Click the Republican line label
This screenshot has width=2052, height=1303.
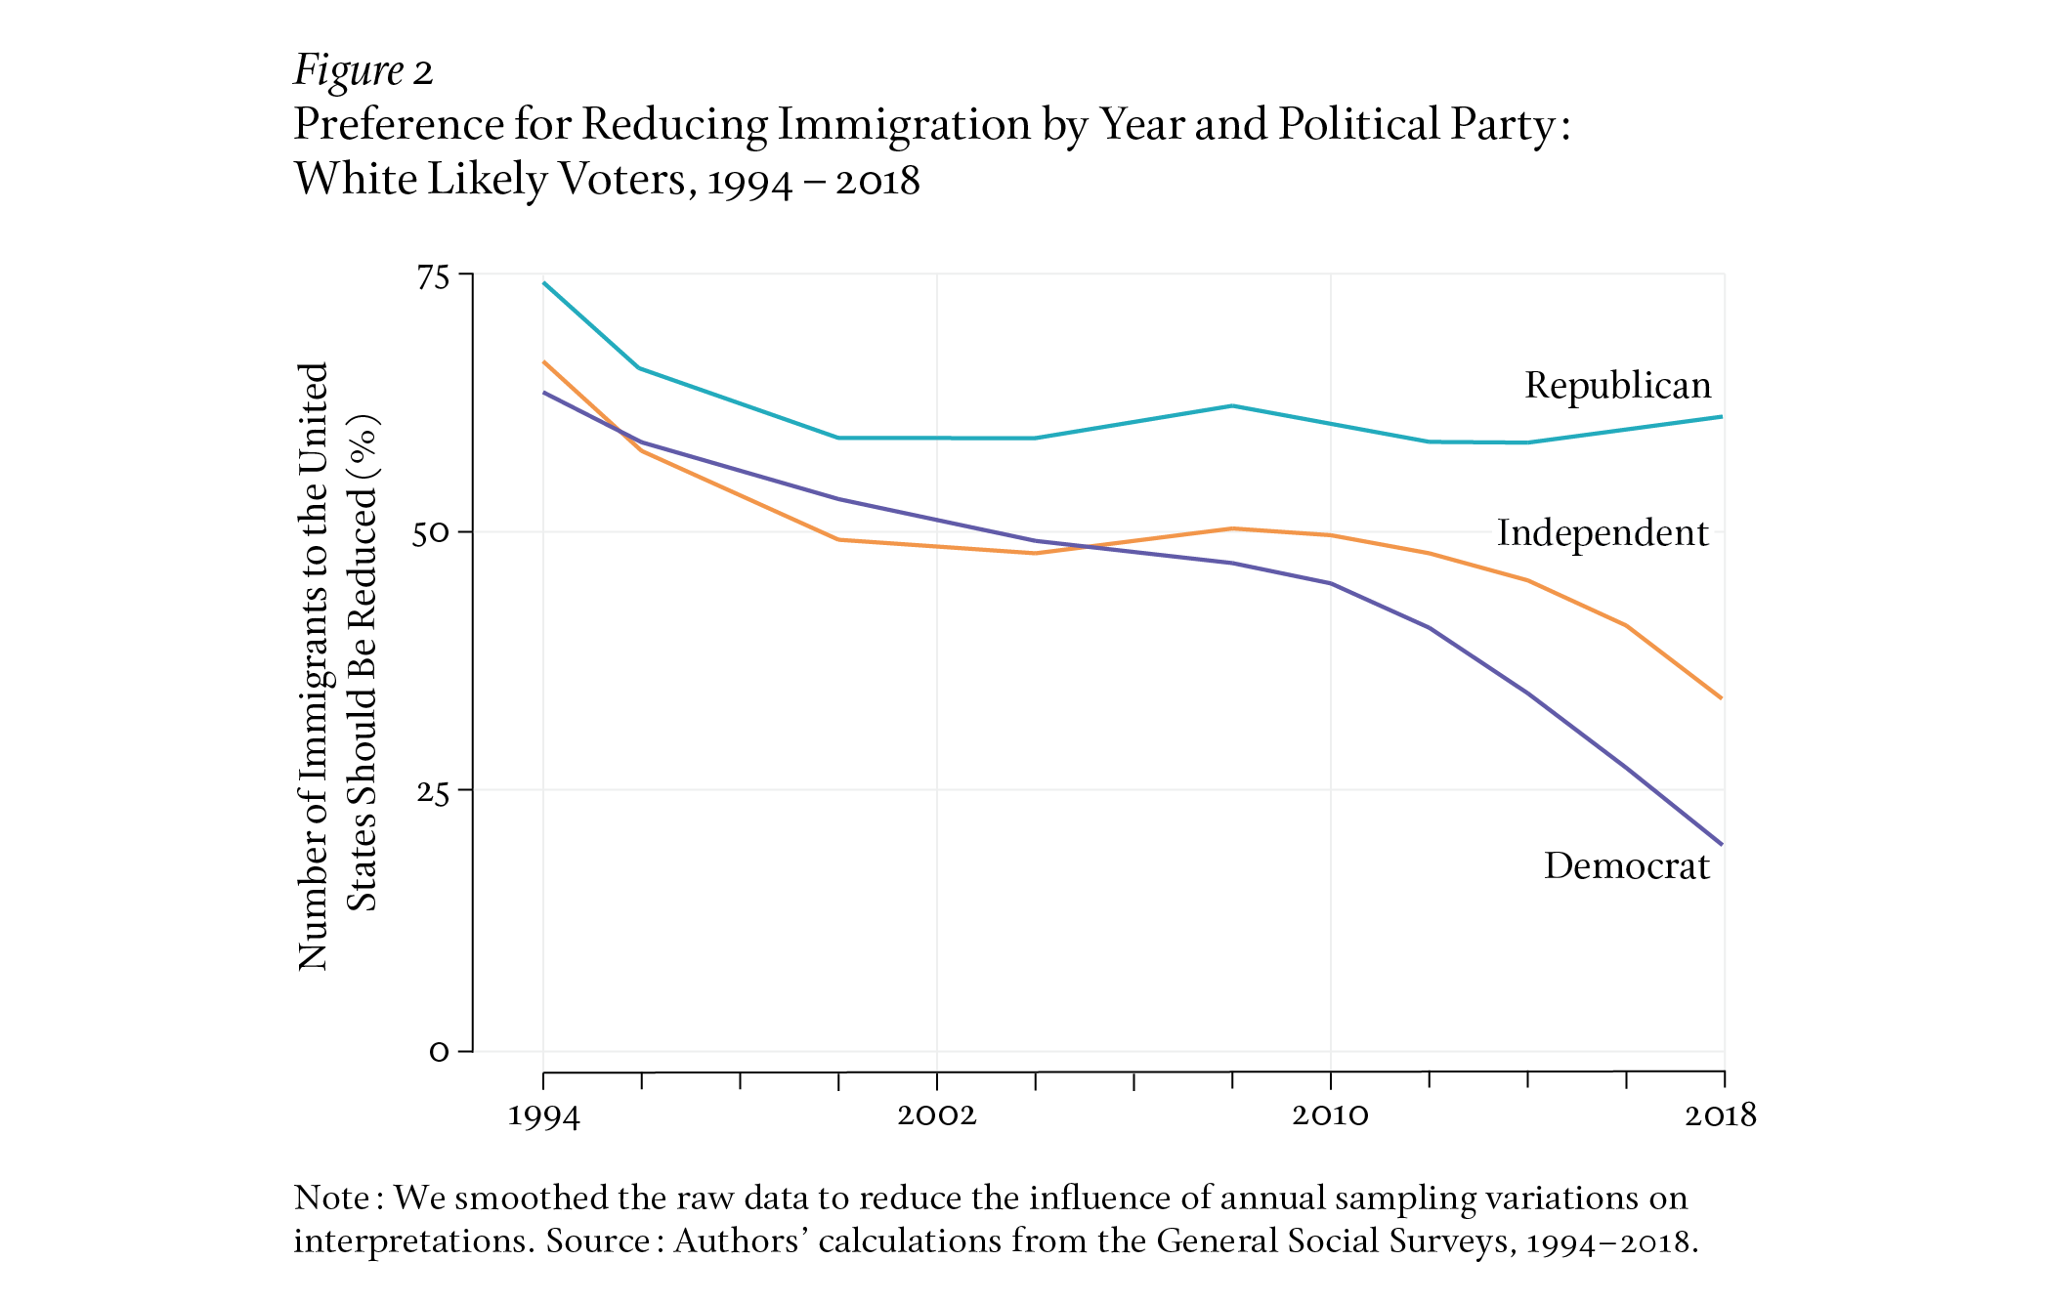[1617, 386]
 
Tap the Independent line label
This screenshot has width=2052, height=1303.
[1603, 533]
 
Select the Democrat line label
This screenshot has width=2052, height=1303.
[1626, 866]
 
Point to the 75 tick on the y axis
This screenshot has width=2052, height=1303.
[434, 277]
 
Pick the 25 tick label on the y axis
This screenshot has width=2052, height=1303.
[433, 791]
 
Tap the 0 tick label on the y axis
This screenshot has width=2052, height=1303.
[439, 1052]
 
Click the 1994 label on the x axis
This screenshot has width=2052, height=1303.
[543, 1116]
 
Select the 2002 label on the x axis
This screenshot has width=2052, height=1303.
[936, 1114]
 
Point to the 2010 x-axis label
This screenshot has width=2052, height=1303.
[1330, 1114]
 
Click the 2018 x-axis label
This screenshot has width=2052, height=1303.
[1720, 1114]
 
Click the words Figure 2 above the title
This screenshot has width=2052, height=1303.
[363, 71]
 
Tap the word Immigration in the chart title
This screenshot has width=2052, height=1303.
[904, 125]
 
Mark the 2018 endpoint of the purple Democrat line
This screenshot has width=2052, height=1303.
[1721, 844]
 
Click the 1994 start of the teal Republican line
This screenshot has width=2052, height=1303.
[544, 283]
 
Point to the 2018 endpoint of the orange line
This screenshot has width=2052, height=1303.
[1721, 698]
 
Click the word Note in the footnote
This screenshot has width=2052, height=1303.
[331, 1198]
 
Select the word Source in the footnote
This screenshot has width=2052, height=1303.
[597, 1240]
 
